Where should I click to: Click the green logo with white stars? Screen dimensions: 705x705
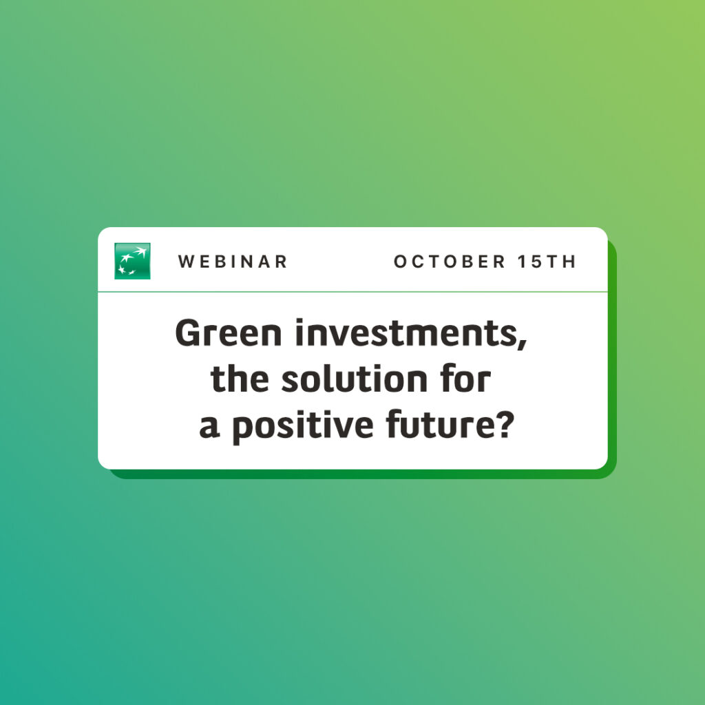pyautogui.click(x=132, y=261)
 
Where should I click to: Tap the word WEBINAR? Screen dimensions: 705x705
pyautogui.click(x=233, y=262)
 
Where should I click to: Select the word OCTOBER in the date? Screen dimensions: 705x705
pyautogui.click(x=450, y=262)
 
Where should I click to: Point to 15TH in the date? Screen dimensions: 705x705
pyautogui.click(x=547, y=262)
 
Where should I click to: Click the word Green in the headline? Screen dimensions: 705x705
pyautogui.click(x=229, y=333)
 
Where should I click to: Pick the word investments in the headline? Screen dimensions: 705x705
pyautogui.click(x=406, y=333)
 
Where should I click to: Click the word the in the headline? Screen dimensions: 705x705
pyautogui.click(x=240, y=379)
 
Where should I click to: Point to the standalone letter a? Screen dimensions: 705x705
pyautogui.click(x=209, y=427)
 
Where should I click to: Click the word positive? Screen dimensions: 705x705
pyautogui.click(x=303, y=426)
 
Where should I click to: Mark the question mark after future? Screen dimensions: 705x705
pyautogui.click(x=505, y=424)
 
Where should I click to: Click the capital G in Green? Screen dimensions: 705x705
pyautogui.click(x=187, y=333)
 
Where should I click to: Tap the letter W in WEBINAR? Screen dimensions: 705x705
pyautogui.click(x=186, y=262)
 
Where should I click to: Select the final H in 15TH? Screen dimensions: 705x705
pyautogui.click(x=570, y=262)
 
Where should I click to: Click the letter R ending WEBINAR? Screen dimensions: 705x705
pyautogui.click(x=282, y=262)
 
